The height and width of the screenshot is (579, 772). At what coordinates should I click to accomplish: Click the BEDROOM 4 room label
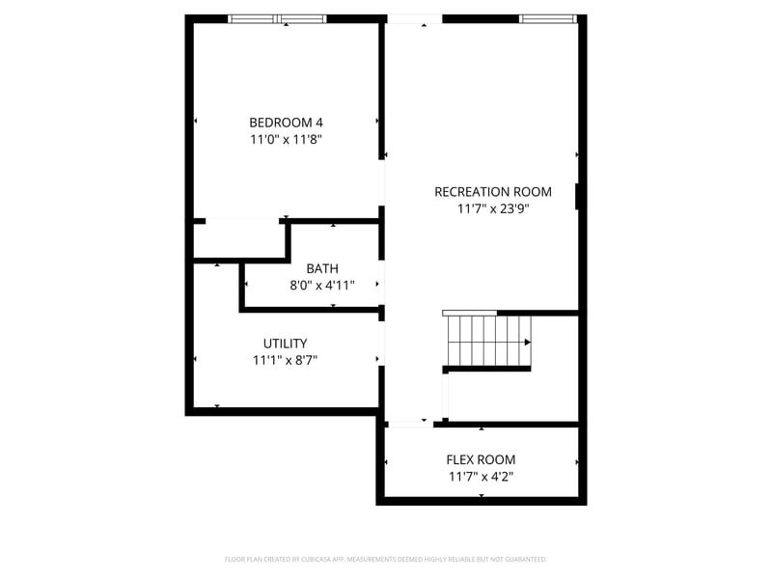286,123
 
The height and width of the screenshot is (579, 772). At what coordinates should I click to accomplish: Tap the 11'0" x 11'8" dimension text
286,139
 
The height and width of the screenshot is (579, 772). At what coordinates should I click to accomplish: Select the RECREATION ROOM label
493,191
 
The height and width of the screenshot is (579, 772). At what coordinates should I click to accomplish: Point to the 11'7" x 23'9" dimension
493,207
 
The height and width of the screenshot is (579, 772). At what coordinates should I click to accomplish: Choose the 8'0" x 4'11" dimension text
322,285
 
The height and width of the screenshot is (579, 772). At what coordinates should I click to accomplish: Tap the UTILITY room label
286,344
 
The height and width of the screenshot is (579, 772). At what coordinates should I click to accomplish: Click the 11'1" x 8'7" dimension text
286,360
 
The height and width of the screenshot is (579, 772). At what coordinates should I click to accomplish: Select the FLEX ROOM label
481,460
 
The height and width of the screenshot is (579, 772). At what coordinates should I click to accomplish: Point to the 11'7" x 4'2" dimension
482,477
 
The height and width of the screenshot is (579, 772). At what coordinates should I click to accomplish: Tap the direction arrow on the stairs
527,342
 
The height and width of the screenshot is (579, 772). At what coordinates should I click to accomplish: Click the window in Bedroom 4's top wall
277,18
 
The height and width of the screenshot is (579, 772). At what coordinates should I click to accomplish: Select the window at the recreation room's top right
548,18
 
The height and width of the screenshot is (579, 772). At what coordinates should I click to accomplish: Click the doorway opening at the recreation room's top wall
414,18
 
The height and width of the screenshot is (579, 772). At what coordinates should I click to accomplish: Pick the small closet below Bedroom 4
237,239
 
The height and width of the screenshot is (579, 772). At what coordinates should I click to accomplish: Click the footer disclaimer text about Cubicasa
386,559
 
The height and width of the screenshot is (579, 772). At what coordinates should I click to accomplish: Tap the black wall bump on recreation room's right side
577,196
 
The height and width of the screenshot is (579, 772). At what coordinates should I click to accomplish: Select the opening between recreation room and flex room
409,423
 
